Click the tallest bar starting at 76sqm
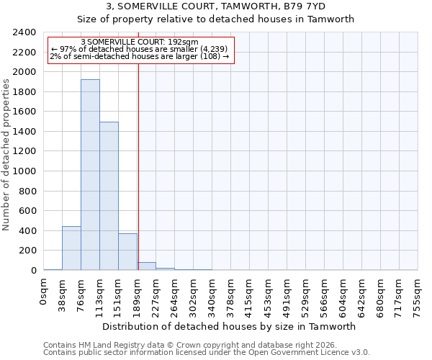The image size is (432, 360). pos(90,175)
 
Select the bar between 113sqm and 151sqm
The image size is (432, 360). pos(109,196)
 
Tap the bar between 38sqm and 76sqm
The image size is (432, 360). pos(71,248)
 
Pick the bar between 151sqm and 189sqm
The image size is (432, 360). pos(127,252)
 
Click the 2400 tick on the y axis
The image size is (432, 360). pos(24,32)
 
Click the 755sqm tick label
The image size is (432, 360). pos(418,294)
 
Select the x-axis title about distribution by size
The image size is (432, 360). pos(230,326)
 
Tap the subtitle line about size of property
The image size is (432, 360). pos(216,19)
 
